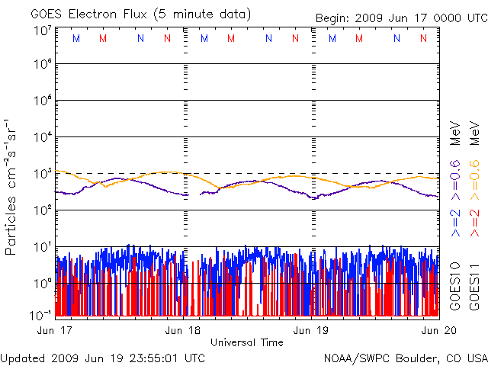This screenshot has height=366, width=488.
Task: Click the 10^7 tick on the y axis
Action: (42, 30)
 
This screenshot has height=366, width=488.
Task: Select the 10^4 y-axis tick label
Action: (42, 137)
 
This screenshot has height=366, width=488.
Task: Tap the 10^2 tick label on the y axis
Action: (42, 210)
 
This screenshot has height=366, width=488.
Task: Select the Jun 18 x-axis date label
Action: (184, 330)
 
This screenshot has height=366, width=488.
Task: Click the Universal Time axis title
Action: (247, 342)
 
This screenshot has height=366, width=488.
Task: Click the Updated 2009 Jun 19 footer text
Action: (103, 357)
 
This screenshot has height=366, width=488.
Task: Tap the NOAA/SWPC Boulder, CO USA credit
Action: (406, 357)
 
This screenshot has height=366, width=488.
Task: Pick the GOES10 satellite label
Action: (455, 283)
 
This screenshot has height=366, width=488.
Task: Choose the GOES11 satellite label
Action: (473, 283)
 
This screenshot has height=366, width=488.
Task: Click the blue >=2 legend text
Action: (455, 222)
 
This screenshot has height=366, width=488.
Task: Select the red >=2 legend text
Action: (473, 222)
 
